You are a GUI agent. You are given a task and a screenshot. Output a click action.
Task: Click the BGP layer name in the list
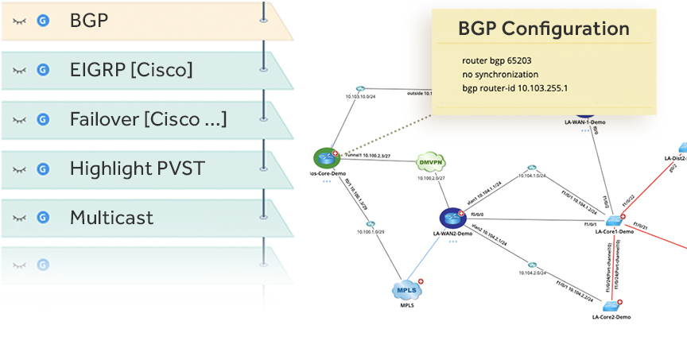88,19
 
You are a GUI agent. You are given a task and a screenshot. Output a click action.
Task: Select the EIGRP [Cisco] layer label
131,70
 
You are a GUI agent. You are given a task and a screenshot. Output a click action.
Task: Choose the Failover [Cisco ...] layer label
148,119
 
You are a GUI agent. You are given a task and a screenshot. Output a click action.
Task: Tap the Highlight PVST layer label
137,168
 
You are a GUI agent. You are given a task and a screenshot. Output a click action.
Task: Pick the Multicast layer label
111,217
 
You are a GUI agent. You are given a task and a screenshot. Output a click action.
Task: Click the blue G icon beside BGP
44,20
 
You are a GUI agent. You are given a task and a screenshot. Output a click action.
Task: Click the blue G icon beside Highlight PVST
44,168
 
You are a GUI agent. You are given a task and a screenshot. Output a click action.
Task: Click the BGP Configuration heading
544,29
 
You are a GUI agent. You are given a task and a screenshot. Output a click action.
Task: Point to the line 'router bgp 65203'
498,60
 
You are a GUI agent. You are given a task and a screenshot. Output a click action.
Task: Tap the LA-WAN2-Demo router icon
452,217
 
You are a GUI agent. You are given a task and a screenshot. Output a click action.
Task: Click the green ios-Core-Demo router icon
325,157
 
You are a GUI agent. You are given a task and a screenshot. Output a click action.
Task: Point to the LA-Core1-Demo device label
613,232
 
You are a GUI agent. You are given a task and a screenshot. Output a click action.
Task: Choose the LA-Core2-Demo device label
611,317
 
